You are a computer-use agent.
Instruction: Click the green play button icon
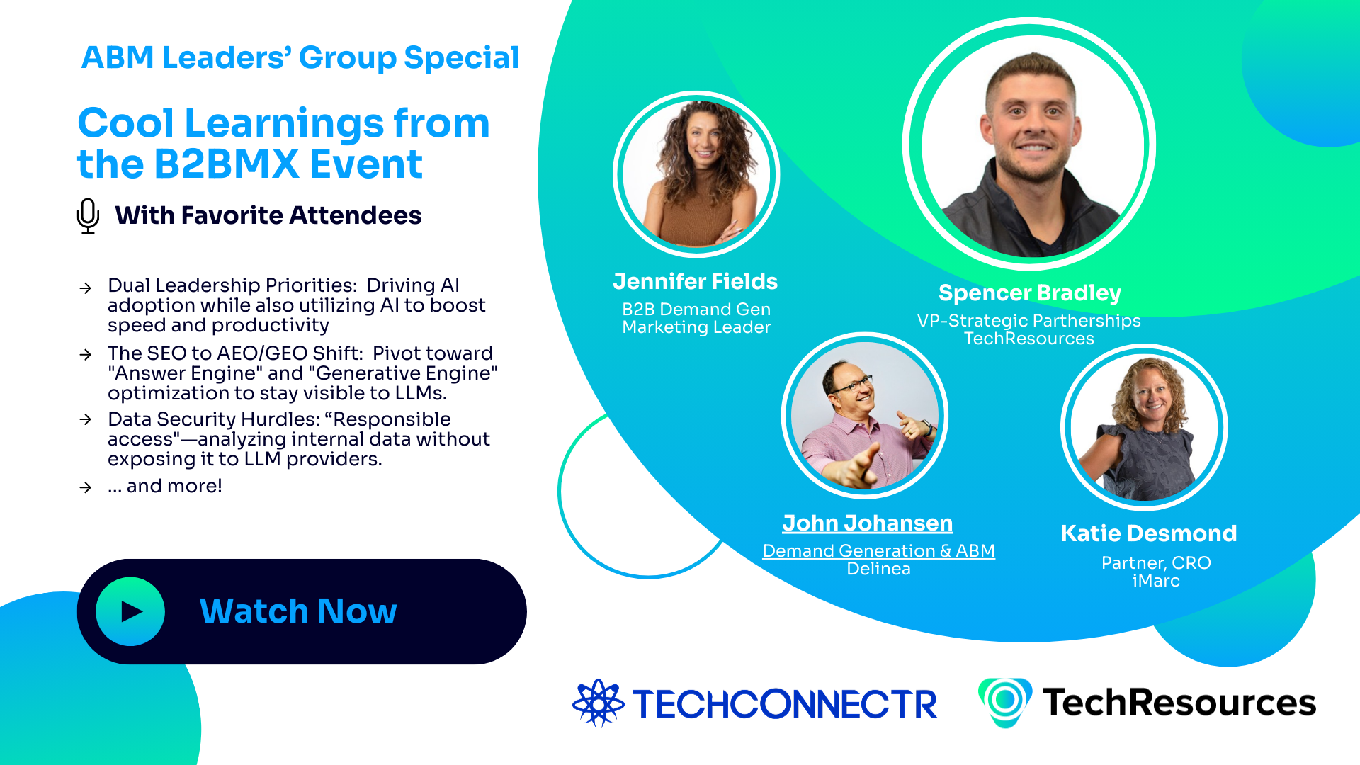click(130, 611)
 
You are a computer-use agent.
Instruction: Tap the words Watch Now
click(298, 611)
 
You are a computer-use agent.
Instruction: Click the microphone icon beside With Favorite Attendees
click(88, 215)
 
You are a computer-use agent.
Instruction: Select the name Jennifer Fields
click(695, 281)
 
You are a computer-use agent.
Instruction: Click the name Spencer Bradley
click(1029, 293)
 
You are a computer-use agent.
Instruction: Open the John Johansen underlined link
click(867, 523)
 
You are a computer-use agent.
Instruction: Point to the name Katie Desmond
click(1148, 533)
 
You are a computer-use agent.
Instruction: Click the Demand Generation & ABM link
click(878, 550)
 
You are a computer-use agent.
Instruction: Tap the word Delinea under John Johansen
click(878, 569)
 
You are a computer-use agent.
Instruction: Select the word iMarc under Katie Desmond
click(1156, 581)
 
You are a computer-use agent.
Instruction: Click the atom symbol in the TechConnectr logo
click(598, 703)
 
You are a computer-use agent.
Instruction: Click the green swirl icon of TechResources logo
click(1004, 701)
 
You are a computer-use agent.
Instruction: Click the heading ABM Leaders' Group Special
click(300, 57)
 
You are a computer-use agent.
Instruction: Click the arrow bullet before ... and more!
click(86, 487)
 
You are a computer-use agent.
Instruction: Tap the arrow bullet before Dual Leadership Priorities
click(86, 288)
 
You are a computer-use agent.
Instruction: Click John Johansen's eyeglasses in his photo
click(850, 386)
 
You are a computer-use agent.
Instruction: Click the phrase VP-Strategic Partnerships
click(1028, 320)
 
